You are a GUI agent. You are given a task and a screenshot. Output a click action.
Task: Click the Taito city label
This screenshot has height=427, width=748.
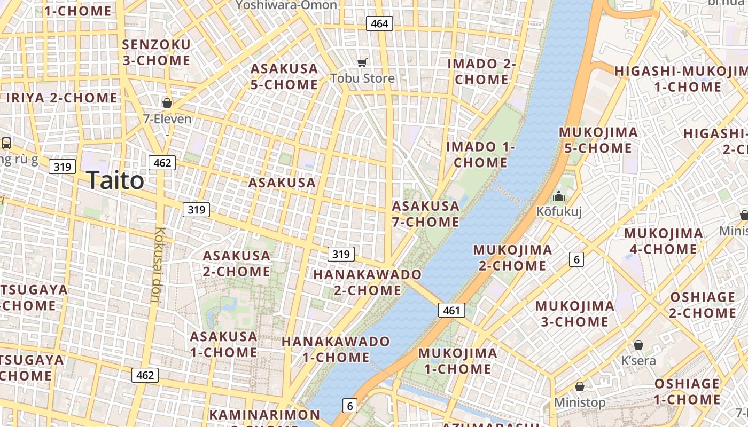(115, 180)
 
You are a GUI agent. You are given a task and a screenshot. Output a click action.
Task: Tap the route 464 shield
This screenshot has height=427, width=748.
(379, 23)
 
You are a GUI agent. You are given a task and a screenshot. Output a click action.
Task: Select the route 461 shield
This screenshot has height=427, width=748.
(451, 310)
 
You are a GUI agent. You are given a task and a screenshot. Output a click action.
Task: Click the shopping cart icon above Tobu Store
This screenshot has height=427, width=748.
(362, 62)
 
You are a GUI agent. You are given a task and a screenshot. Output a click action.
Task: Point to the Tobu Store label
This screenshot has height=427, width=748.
(362, 78)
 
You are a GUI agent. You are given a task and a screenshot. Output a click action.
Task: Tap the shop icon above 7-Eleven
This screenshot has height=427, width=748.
(167, 102)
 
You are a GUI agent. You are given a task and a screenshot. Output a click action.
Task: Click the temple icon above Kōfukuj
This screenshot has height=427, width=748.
(559, 196)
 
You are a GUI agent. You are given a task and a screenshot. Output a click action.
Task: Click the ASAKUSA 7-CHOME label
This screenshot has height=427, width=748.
(425, 213)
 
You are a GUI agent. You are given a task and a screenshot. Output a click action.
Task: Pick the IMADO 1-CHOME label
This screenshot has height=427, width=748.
(480, 154)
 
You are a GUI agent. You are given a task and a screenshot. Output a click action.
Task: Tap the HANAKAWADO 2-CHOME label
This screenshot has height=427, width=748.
(368, 282)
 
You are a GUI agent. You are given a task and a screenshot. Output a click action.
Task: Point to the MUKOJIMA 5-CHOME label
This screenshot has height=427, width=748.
(598, 140)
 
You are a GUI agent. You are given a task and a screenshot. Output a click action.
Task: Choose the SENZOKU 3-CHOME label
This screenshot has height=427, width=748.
(157, 52)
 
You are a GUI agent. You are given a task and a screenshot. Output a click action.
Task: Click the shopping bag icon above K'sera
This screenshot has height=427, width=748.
(638, 345)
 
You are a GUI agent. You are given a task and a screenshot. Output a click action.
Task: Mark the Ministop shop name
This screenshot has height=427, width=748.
(580, 402)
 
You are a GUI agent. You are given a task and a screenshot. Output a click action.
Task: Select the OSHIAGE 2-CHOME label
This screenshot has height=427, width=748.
(702, 305)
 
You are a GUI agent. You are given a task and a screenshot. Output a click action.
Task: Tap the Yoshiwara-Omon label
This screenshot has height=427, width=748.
(286, 5)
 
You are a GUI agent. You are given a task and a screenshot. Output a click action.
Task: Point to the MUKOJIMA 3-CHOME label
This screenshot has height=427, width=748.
(575, 314)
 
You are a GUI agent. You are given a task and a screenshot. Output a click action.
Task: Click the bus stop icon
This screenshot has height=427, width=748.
(6, 143)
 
